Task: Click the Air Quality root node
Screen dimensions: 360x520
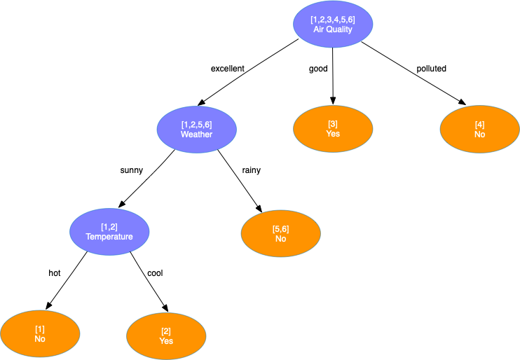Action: click(332, 25)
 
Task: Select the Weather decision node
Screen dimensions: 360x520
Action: click(196, 129)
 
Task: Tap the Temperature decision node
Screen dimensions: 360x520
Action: click(109, 231)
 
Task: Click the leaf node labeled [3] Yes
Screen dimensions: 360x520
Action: click(333, 129)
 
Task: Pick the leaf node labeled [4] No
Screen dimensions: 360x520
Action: click(479, 129)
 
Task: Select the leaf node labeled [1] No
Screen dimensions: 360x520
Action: click(39, 333)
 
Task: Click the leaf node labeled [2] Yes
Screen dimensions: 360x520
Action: click(166, 335)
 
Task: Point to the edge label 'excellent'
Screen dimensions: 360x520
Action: click(227, 69)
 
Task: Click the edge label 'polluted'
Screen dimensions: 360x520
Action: click(431, 69)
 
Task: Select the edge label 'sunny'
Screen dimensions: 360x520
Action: click(132, 170)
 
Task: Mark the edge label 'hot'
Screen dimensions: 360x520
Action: click(55, 272)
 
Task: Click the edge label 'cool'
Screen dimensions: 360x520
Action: click(155, 272)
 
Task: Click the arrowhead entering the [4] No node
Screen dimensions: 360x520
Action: click(463, 103)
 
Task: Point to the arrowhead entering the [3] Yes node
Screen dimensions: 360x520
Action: click(333, 101)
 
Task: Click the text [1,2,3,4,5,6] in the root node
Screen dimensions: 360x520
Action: click(332, 20)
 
